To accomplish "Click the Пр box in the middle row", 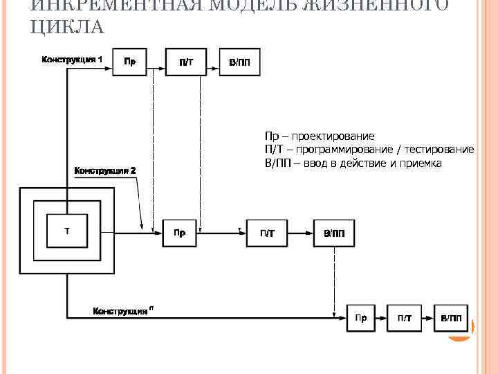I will pos(179,233).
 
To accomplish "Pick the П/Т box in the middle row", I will pos(266,233).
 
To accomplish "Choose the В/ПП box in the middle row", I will pos(333,233).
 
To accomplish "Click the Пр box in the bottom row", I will pos(360,318).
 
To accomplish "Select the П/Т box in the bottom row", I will pos(405,318).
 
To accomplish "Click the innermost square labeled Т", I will pos(66,231).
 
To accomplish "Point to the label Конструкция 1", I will pos(73,59).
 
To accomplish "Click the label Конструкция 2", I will pos(105,170).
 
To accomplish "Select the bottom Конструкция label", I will pos(122,311).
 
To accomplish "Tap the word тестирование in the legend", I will pos(439,150).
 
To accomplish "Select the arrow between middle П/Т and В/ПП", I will pos(299,233).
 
